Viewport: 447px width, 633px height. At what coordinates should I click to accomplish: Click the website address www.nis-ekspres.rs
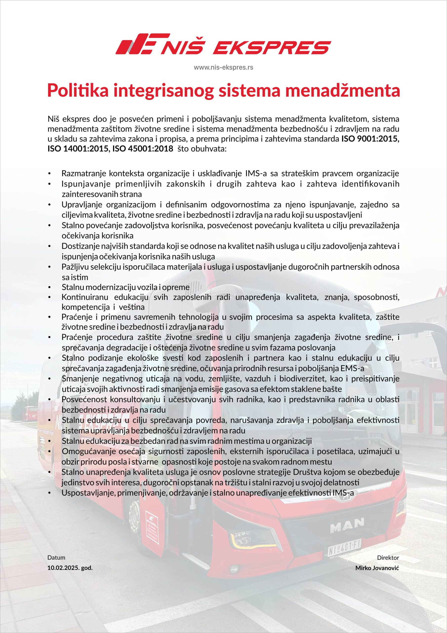click(223, 67)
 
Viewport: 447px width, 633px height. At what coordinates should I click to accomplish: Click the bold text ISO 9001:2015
click(370, 139)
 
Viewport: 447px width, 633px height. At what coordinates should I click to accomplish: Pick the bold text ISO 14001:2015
click(77, 149)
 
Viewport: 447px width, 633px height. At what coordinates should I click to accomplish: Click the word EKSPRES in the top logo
click(272, 47)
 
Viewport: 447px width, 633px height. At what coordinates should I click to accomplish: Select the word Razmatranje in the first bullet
click(83, 173)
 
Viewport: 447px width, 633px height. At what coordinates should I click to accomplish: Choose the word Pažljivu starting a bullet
click(74, 267)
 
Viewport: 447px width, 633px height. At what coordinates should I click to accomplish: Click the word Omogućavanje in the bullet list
click(85, 451)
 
